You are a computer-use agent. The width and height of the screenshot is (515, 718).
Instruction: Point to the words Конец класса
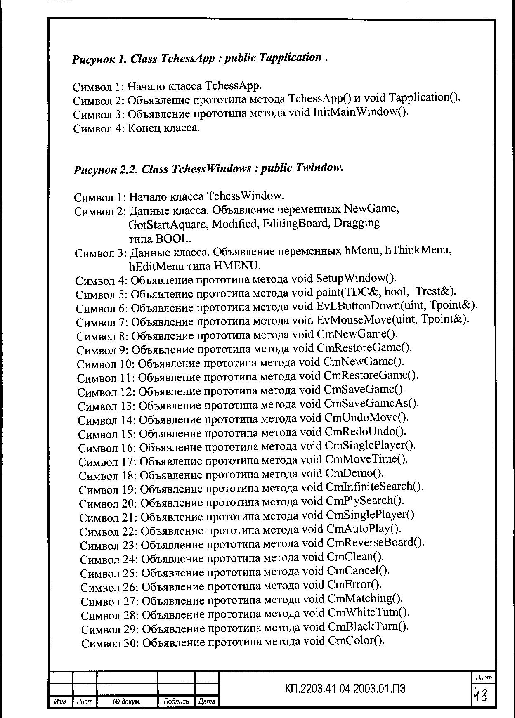(163, 128)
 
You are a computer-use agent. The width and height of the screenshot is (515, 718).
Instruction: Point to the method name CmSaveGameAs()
(371, 403)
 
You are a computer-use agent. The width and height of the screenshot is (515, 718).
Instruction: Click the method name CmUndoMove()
(366, 417)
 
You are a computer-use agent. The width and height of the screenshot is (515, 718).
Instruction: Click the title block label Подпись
(176, 701)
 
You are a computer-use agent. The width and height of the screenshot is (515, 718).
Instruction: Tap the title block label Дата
(206, 701)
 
